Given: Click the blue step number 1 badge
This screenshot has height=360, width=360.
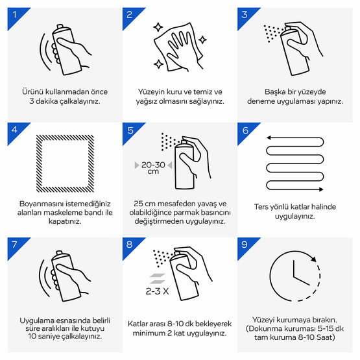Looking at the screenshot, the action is [16, 16].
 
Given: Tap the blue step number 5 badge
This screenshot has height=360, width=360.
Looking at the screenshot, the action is [130, 130].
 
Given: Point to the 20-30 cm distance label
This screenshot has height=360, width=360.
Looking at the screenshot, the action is [153, 167].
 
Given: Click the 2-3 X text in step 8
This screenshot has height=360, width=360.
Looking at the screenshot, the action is [157, 291].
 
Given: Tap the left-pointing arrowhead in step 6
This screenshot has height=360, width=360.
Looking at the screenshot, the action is [269, 138].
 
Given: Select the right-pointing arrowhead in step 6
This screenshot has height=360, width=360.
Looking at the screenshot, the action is [320, 189].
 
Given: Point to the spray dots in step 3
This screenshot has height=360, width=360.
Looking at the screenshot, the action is [272, 34].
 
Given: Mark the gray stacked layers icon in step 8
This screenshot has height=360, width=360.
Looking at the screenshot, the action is [157, 278].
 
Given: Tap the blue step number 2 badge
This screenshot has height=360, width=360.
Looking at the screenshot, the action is [130, 16].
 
